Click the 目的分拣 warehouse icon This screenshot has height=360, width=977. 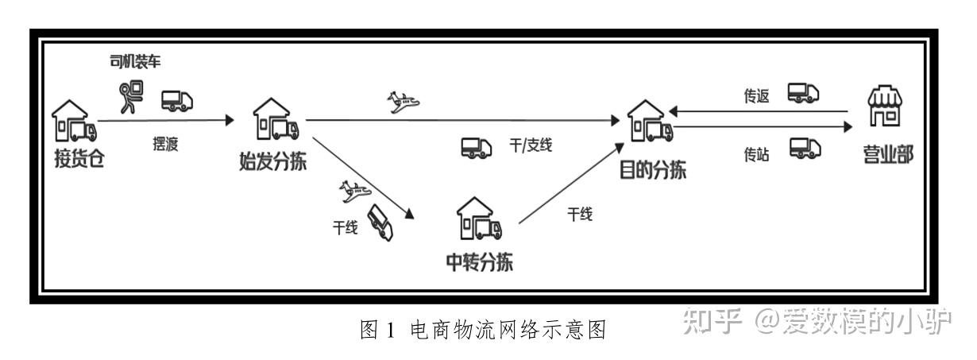[x=649, y=125]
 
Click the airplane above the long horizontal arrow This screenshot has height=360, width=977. [x=403, y=102]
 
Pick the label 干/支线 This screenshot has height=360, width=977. [x=530, y=146]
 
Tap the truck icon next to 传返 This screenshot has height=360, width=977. [x=803, y=94]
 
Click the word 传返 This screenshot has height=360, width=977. [x=756, y=97]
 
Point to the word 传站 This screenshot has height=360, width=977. [x=756, y=156]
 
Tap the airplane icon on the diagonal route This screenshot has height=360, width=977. [x=353, y=191]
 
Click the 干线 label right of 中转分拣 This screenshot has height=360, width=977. [x=580, y=215]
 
